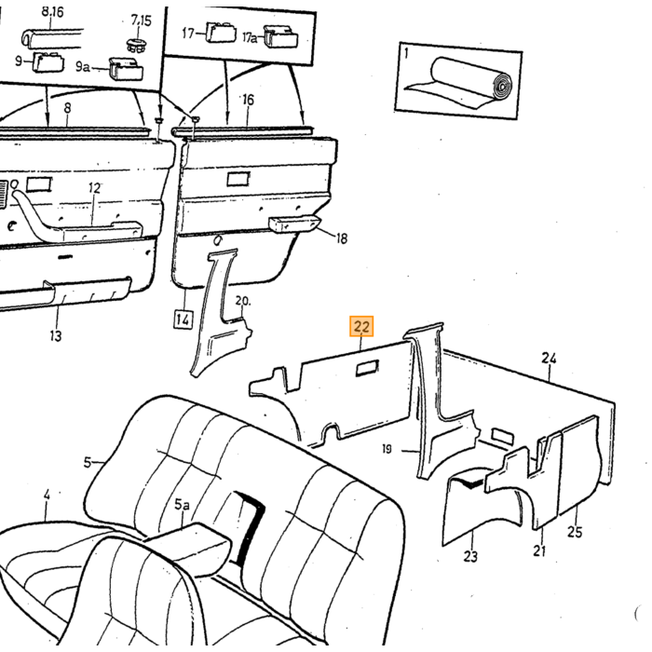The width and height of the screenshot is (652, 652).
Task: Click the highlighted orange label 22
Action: pos(361,326)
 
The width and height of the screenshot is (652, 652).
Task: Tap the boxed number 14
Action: pos(183,319)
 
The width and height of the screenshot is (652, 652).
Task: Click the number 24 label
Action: pos(550,358)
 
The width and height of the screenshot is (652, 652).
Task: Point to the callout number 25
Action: pos(575,532)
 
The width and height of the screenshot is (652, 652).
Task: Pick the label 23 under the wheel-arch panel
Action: pos(470,556)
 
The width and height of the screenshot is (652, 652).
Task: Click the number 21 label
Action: pos(539,550)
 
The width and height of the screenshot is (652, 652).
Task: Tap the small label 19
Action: pos(387,449)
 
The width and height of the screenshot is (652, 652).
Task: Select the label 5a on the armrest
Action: pos(182,505)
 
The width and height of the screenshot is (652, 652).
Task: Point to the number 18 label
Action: pos(342,238)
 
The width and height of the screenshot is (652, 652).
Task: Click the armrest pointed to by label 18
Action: pos(294,224)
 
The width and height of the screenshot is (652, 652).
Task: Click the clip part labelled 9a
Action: pos(126,69)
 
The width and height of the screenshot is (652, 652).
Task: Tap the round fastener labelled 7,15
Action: pos(136,45)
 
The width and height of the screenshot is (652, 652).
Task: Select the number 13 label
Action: pos(55,335)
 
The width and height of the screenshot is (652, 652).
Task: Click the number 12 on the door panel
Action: pos(94,188)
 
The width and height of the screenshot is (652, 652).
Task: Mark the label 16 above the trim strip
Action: pos(248,100)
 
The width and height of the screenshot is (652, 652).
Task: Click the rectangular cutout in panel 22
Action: pos(367,368)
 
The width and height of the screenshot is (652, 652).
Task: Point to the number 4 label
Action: pos(47,495)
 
